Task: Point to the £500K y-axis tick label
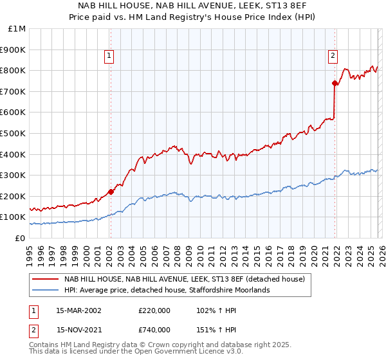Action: pyautogui.click(x=14, y=133)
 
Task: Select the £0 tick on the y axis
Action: pyautogui.click(x=21, y=238)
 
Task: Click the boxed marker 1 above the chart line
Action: pyautogui.click(x=110, y=57)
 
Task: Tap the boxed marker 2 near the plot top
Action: pyautogui.click(x=333, y=57)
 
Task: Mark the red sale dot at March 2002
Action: pyautogui.click(x=111, y=192)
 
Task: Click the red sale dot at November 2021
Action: pyautogui.click(x=335, y=83)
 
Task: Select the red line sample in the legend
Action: pyautogui.click(x=44, y=279)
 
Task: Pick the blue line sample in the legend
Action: pyautogui.click(x=44, y=290)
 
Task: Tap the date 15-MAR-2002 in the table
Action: pyautogui.click(x=78, y=310)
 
